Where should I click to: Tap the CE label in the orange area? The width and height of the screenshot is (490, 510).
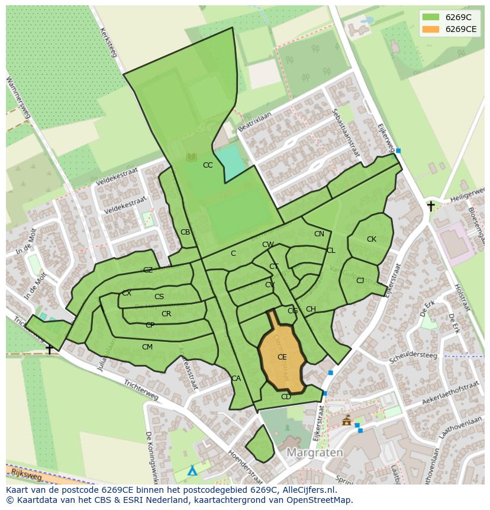(x=282, y=357)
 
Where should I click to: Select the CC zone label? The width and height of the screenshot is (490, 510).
(x=208, y=165)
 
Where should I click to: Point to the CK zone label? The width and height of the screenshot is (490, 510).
(x=372, y=239)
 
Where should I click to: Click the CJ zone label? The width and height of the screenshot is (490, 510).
(x=360, y=281)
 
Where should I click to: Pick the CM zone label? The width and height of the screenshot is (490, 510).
(x=147, y=347)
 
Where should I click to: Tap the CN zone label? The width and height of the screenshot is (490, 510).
(x=319, y=234)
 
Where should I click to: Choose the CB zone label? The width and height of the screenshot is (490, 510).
(x=185, y=232)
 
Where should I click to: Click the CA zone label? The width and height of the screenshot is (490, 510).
(x=236, y=379)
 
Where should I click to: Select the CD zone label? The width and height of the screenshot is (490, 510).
(x=286, y=397)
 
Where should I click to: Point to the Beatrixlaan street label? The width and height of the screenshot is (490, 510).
(x=254, y=121)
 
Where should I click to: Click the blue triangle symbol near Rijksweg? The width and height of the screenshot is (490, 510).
(x=192, y=471)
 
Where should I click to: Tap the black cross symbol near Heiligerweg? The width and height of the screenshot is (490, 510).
(x=431, y=206)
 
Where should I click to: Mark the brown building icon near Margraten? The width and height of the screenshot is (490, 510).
(x=347, y=421)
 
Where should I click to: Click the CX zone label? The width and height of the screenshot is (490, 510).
(x=127, y=293)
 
